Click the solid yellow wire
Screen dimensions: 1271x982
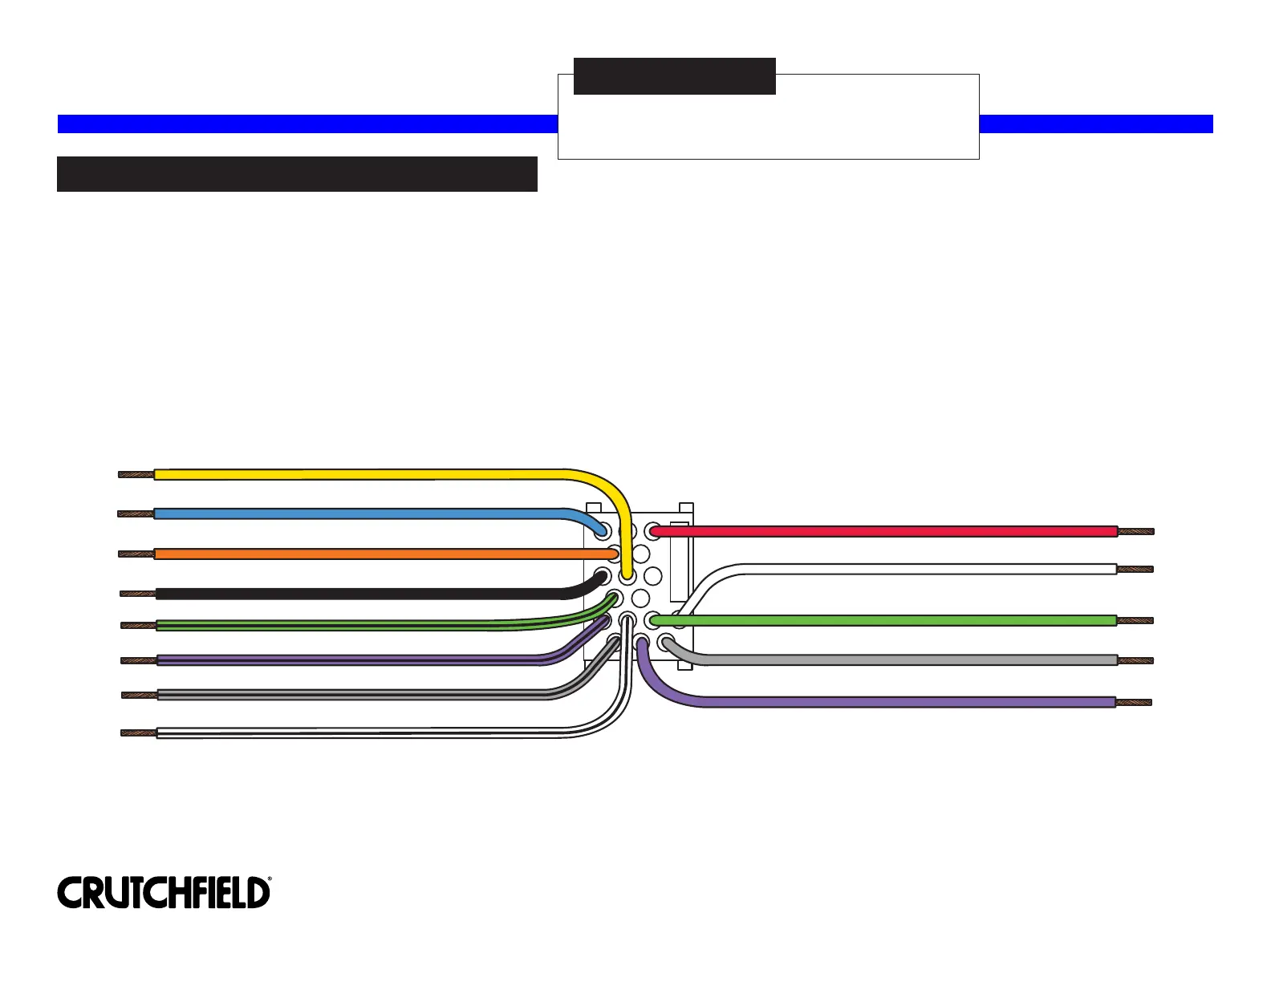point(361,474)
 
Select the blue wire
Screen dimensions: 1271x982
point(361,513)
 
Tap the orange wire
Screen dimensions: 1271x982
point(361,554)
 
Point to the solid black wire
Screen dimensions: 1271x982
point(361,594)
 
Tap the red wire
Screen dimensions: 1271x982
point(883,531)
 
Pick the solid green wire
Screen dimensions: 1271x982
point(883,620)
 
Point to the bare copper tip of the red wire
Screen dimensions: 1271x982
point(1136,531)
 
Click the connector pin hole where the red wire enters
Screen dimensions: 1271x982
point(653,531)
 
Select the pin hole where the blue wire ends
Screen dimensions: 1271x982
point(603,531)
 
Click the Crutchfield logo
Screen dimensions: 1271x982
point(164,892)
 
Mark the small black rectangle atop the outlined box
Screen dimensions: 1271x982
point(675,76)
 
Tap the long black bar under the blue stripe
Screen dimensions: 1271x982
point(297,174)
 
